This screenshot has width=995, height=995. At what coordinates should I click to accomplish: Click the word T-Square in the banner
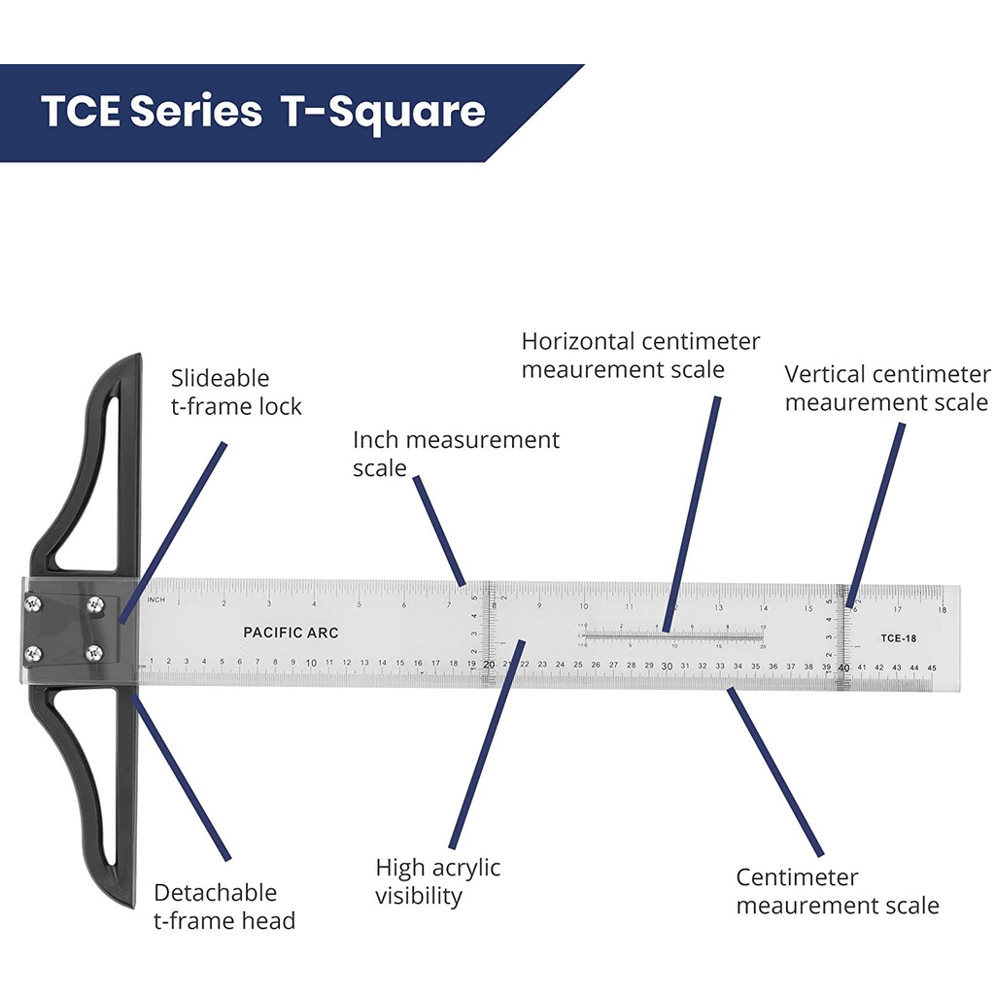384,112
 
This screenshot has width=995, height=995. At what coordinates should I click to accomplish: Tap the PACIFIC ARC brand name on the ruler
291,633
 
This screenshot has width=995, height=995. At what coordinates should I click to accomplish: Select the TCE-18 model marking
899,638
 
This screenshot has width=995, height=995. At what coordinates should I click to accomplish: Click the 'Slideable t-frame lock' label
236,393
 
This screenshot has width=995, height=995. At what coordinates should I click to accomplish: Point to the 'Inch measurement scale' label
456,454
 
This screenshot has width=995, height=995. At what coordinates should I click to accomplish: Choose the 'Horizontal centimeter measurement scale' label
640,356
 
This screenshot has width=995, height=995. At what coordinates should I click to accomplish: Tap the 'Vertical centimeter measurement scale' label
887,388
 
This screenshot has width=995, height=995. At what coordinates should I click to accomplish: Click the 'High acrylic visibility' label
437,881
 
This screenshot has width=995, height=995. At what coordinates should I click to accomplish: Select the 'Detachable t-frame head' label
224,907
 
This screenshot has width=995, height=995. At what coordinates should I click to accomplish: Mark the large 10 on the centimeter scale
311,664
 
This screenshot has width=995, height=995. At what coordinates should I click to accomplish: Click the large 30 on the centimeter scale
667,666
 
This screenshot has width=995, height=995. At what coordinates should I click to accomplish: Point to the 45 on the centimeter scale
932,668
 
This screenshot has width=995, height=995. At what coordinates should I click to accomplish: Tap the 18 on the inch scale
941,610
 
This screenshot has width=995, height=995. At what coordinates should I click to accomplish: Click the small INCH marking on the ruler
155,600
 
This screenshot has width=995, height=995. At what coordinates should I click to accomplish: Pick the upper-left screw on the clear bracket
34,604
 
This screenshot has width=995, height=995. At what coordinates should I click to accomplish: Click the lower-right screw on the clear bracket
94,652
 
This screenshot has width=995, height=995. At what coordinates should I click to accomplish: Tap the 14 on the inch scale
764,608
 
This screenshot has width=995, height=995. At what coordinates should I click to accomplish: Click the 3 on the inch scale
269,604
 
